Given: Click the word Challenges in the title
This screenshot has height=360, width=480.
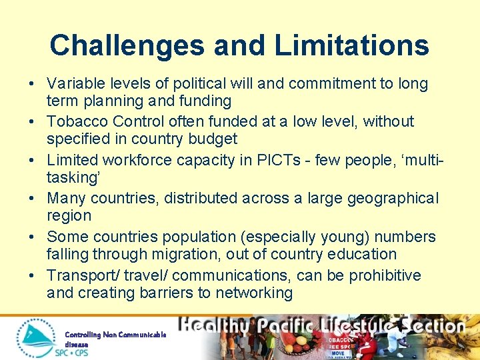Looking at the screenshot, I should tap(127, 45).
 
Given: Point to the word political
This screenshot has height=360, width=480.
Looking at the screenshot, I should tap(199, 84).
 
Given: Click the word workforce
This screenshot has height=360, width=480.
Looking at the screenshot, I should tap(138, 160).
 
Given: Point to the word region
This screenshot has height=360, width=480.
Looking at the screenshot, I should tap(69, 215).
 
